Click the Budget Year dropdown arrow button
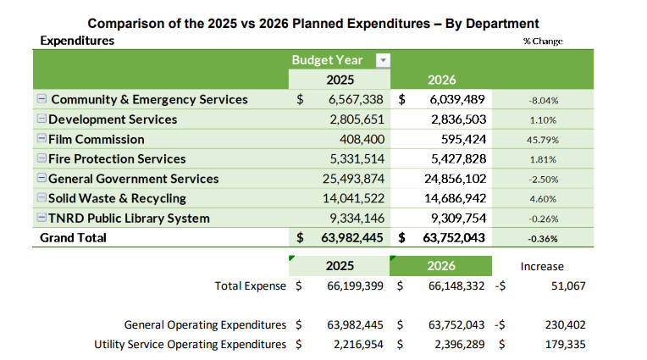click(382, 60)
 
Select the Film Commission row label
click(96, 139)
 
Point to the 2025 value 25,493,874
click(355, 179)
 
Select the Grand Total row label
click(74, 238)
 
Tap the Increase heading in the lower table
click(542, 266)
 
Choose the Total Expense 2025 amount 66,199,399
click(355, 286)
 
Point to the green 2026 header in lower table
click(441, 265)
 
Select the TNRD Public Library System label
click(129, 218)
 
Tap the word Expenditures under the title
click(77, 41)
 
